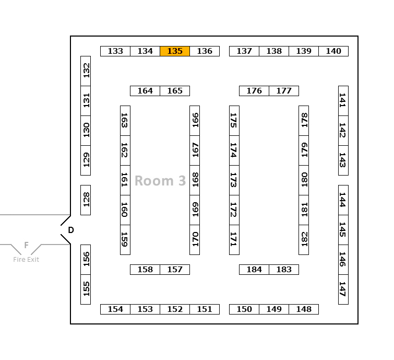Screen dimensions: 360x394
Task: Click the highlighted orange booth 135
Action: coord(175,51)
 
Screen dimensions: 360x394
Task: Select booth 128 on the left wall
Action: coord(86,200)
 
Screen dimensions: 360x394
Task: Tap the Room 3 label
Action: coord(160,181)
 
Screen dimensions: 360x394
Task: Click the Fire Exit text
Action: coord(26,260)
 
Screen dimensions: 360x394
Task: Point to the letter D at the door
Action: coord(71,230)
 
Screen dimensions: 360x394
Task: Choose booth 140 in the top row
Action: coord(333,51)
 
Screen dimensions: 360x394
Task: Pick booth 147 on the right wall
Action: coord(343,289)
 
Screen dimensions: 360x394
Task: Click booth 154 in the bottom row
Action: coord(115,309)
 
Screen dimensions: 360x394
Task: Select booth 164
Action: coord(145,91)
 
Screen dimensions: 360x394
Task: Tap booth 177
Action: coord(284,91)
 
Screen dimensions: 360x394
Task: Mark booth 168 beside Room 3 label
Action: coord(195,180)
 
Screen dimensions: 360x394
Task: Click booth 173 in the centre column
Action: coord(234,180)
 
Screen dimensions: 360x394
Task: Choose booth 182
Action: coord(304,240)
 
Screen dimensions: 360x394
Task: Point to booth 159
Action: coord(125,240)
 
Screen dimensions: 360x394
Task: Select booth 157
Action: coord(175,270)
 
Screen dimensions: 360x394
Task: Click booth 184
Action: coord(254,270)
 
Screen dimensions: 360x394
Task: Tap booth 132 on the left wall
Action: coord(86,71)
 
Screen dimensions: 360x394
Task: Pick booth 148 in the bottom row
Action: coord(304,309)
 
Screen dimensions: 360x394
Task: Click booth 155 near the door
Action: coord(86,289)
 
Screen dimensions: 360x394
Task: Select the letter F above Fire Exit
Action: coord(26,245)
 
